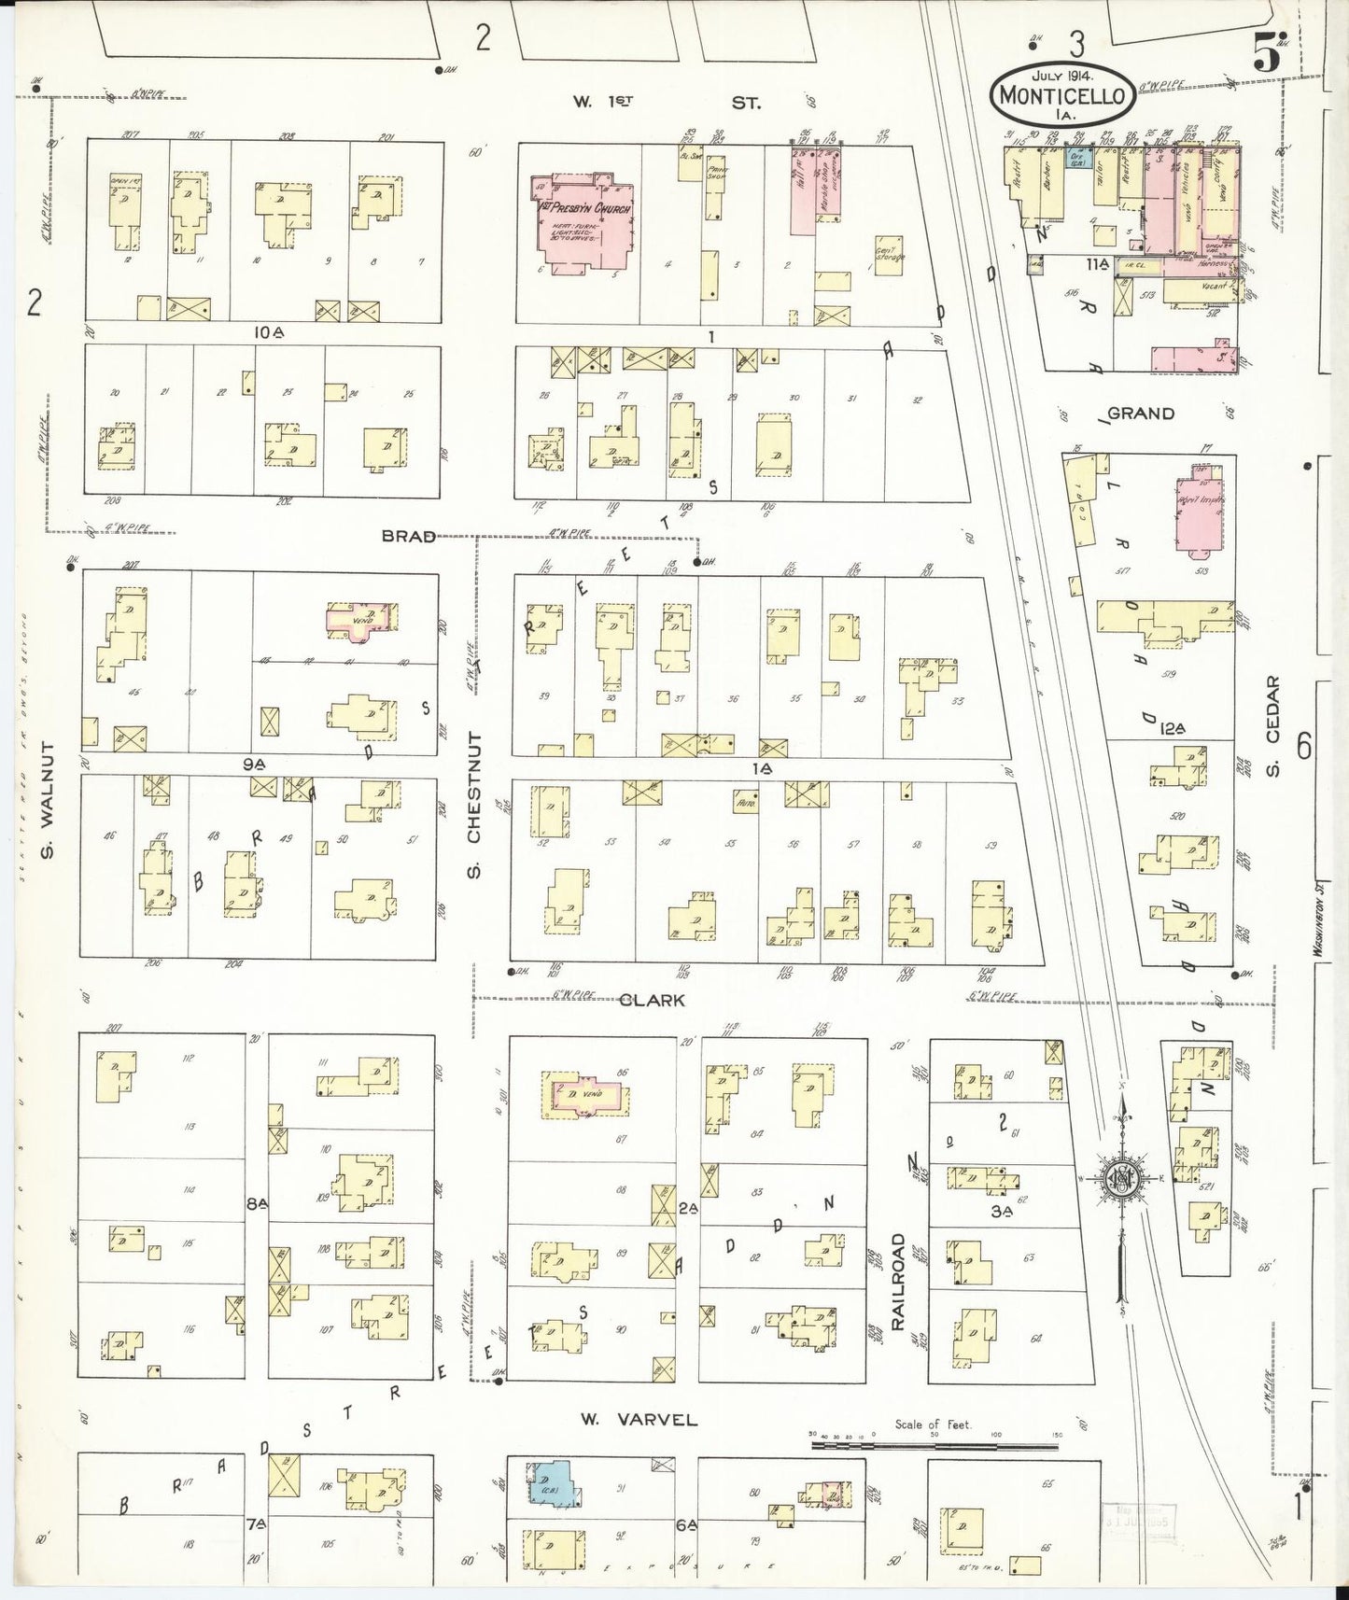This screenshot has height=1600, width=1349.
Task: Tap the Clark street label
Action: pos(652,1000)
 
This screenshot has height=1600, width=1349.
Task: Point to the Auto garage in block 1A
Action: pos(746,801)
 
